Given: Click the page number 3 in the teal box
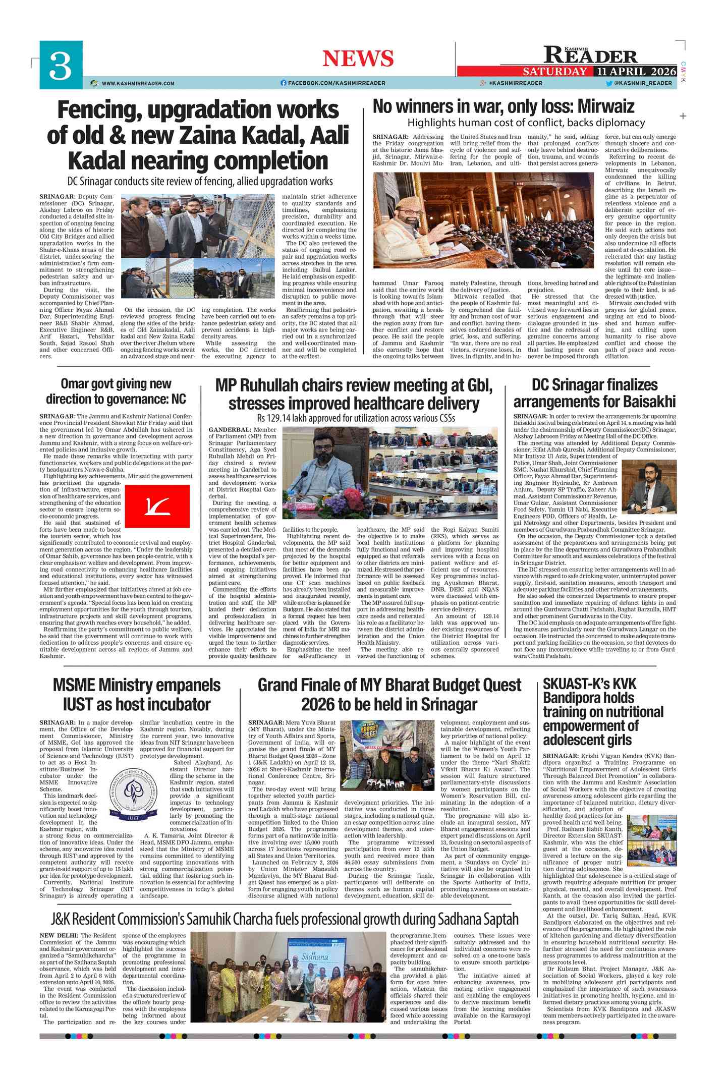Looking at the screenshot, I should (61, 68).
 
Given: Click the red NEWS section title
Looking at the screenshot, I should (358, 59).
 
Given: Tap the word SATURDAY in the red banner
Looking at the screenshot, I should (554, 72).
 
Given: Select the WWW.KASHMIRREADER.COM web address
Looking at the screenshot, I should (138, 83).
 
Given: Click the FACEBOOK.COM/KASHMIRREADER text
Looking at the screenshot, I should (337, 83).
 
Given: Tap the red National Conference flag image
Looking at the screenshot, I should (157, 506).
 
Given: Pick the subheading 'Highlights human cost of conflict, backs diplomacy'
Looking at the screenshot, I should (526, 123).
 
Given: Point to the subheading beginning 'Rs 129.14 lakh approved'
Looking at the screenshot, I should (356, 418).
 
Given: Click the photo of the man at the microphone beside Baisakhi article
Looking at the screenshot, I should (648, 486).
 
